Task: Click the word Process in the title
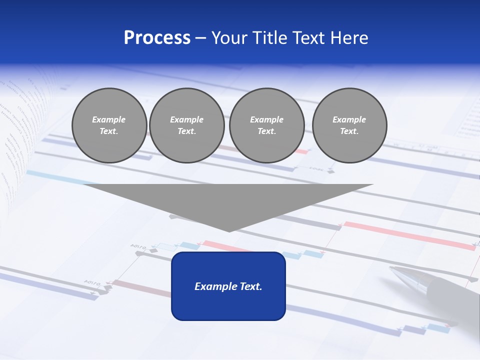(x=157, y=38)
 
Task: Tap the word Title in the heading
(x=268, y=38)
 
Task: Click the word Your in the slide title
(x=229, y=38)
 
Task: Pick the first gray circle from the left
(x=109, y=125)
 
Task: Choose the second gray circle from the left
(x=186, y=125)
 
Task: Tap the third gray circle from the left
(x=266, y=125)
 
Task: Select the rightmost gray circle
(x=349, y=125)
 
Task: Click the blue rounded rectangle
(x=228, y=300)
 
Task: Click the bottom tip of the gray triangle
(x=228, y=230)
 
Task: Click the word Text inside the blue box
(x=247, y=286)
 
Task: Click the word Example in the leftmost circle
(x=109, y=119)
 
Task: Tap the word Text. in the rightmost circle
(x=349, y=131)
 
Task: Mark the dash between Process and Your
(x=200, y=38)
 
